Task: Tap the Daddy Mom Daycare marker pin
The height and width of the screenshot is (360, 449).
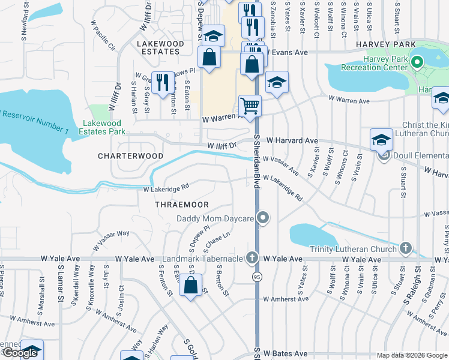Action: coord(262,218)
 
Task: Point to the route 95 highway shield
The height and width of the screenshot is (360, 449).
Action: coord(257,277)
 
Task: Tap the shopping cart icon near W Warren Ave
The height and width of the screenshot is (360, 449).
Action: coord(250,106)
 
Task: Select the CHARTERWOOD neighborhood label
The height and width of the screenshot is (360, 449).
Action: coord(131,155)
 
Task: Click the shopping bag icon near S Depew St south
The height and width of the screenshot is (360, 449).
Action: coord(191,286)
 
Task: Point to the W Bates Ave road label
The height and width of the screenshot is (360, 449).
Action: coord(285,353)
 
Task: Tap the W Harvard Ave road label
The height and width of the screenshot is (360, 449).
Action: coord(292,140)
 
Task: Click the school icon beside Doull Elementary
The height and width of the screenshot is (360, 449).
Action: coord(381,140)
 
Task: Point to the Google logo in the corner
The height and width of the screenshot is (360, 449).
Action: coord(20,353)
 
